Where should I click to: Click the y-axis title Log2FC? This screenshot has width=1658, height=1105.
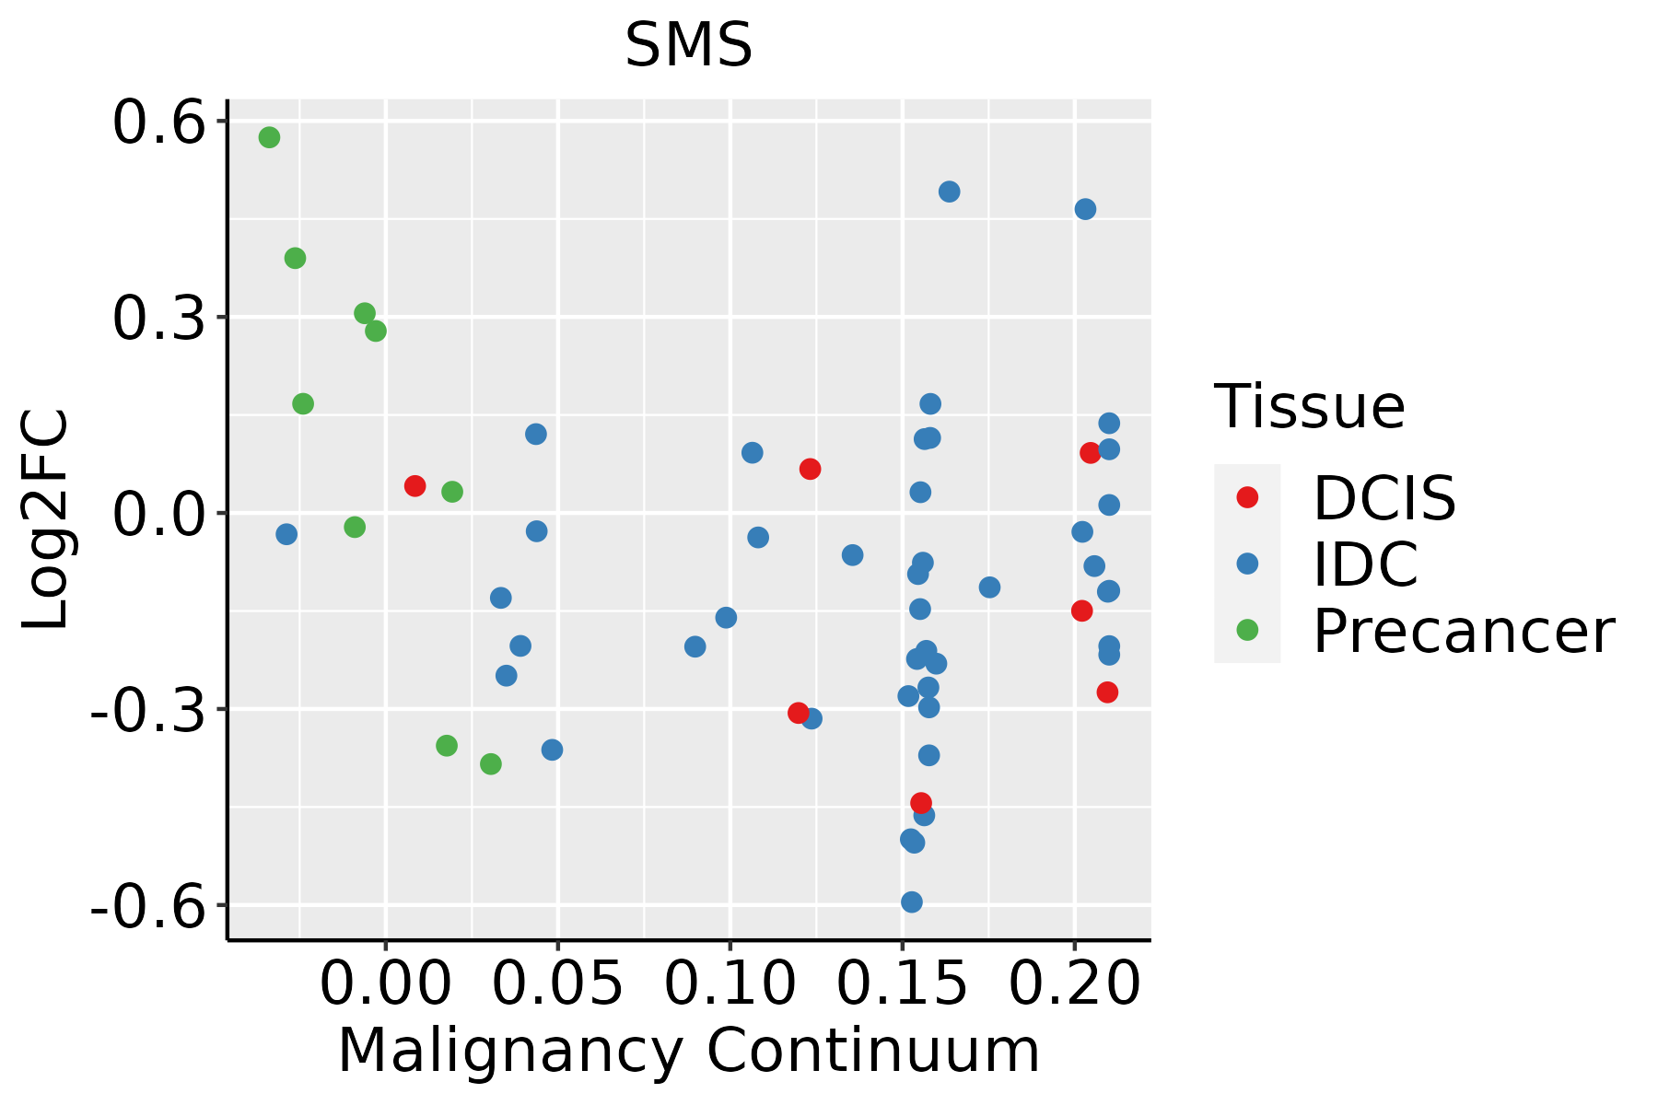[x=46, y=520]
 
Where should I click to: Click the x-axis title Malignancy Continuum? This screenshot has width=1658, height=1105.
[x=688, y=1052]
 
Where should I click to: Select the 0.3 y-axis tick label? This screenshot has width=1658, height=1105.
[x=158, y=319]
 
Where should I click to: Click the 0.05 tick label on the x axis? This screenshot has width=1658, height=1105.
[x=557, y=983]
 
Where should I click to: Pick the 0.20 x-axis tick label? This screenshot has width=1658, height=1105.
[x=1074, y=983]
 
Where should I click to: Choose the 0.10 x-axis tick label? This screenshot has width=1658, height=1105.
[x=730, y=983]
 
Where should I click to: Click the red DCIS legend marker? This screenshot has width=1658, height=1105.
[x=1247, y=497]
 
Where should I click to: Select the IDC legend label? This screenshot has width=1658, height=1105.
[x=1365, y=564]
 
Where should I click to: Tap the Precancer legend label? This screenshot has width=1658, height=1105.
[x=1463, y=632]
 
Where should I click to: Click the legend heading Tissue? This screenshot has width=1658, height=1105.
[x=1309, y=406]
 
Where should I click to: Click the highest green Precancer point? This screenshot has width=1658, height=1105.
[x=269, y=138]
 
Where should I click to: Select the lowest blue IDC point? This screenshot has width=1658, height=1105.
[x=912, y=902]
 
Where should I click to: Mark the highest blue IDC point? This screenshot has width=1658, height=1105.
[x=949, y=192]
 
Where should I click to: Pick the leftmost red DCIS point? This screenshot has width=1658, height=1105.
[x=414, y=486]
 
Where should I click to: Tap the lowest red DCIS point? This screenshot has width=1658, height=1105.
[x=920, y=803]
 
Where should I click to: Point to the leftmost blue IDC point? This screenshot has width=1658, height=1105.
[x=286, y=534]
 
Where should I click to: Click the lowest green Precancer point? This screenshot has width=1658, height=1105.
[x=491, y=764]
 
